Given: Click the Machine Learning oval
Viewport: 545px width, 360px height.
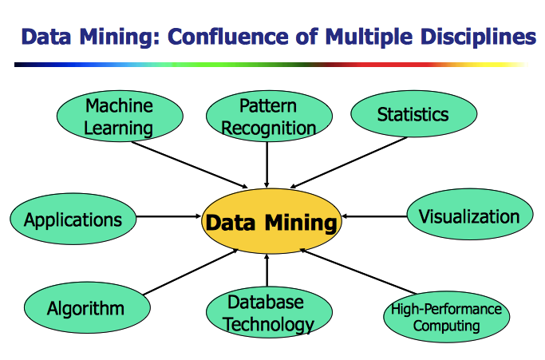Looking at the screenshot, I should tap(119, 116).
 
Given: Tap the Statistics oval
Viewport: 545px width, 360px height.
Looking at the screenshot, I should tap(413, 114).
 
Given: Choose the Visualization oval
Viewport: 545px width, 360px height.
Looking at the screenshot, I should tap(469, 216).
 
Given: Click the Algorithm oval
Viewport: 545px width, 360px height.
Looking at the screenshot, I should tap(85, 308).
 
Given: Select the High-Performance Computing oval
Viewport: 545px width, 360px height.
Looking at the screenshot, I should tap(446, 317).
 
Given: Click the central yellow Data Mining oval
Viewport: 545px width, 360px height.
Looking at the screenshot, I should tap(271, 221).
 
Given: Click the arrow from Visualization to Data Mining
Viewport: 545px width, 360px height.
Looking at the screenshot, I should tap(375, 216).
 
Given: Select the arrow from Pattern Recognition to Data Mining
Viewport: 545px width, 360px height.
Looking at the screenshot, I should tap(267, 163).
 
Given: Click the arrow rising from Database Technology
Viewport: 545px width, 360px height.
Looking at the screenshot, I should tap(267, 271).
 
